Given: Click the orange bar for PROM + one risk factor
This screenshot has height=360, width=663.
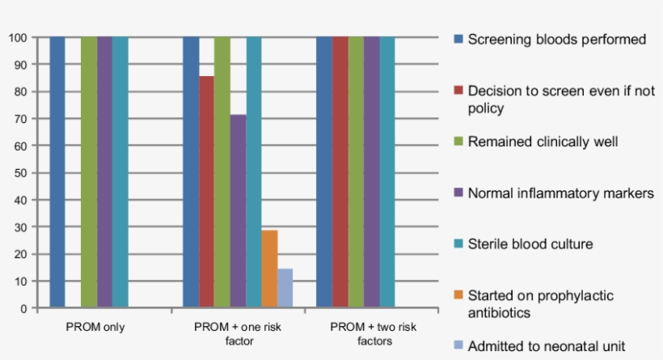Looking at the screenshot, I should pyautogui.click(x=269, y=269).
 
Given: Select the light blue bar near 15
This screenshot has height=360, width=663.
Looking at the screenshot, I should pyautogui.click(x=285, y=288).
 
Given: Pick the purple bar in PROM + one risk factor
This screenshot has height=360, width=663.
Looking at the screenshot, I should pyautogui.click(x=238, y=211).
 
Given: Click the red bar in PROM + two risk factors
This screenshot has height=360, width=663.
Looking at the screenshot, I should pyautogui.click(x=340, y=172).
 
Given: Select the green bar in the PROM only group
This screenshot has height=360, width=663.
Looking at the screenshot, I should pyautogui.click(x=88, y=172).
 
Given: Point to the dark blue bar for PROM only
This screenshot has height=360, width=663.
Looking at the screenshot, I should pyautogui.click(x=57, y=172).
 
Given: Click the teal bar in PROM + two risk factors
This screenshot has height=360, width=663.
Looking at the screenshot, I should pyautogui.click(x=387, y=172).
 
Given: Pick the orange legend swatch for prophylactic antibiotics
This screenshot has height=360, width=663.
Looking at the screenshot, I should pyautogui.click(x=458, y=296).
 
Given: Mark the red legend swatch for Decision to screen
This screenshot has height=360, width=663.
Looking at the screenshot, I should pyautogui.click(x=458, y=91).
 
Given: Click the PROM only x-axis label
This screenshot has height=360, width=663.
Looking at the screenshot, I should pyautogui.click(x=95, y=328).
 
